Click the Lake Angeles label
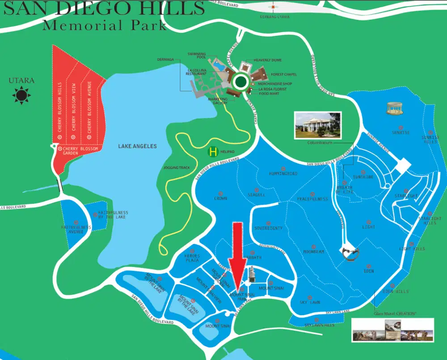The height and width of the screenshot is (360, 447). [137, 146]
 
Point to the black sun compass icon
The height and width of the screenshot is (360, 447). [21, 95]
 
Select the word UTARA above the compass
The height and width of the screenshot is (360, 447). [21, 81]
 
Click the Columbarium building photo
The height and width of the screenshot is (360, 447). [317, 125]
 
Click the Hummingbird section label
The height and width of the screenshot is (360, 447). [283, 173]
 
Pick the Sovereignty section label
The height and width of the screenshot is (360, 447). [268, 228]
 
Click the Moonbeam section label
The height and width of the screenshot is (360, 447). [313, 251]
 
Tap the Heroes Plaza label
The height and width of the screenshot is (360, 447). [192, 258]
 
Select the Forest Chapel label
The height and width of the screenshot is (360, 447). [284, 75]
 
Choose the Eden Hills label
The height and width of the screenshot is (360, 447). [395, 291]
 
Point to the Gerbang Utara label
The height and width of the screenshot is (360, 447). [273, 17]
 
